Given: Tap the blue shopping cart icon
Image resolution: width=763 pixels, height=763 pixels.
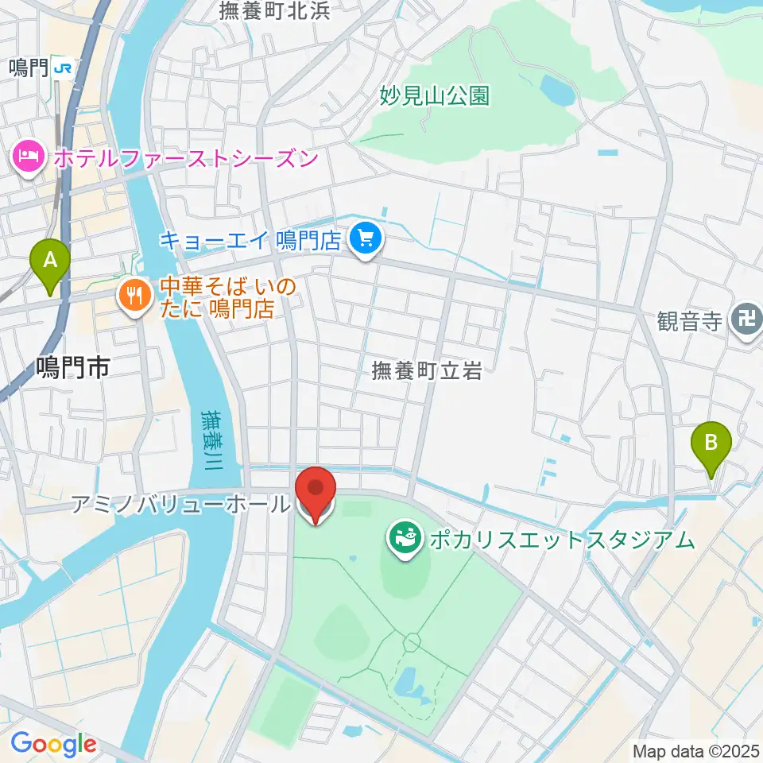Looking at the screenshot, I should point(366,238).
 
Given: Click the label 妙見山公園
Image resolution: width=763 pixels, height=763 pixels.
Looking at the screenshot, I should point(434,96).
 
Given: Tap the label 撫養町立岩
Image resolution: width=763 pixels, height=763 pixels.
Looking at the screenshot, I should point(428,370).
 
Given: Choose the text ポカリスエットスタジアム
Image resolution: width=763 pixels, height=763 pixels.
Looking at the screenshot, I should point(561,540).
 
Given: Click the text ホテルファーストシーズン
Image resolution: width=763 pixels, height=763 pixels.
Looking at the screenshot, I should point(186,157).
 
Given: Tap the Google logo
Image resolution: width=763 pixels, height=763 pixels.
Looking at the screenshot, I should point(52,745).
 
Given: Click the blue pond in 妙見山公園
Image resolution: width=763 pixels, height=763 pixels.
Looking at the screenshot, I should point(556,91).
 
